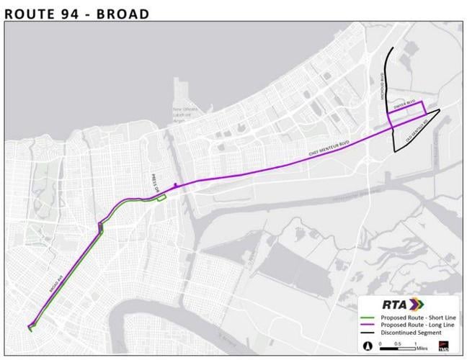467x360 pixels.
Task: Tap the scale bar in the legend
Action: tap(392, 343)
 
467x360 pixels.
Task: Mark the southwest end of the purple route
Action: tap(30, 328)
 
